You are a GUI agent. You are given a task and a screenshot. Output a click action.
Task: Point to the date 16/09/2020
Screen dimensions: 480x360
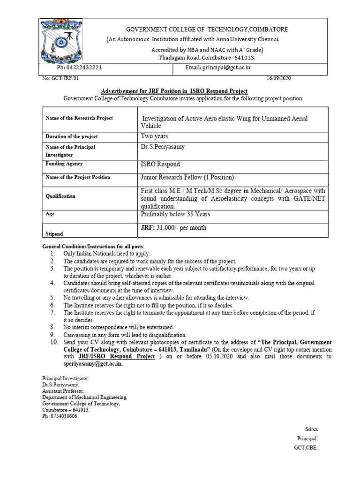278,79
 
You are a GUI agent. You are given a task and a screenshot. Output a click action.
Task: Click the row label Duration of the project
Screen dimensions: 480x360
72,136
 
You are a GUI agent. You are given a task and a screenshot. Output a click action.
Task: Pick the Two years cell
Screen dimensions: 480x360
154,136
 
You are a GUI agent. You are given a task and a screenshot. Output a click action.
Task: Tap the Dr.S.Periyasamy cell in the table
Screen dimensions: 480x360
163,147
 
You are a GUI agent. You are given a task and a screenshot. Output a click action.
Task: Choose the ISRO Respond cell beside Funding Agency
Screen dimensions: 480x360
160,164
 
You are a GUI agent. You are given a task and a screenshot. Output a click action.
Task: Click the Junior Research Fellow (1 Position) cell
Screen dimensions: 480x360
187,177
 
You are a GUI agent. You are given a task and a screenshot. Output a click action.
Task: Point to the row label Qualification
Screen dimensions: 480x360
60,196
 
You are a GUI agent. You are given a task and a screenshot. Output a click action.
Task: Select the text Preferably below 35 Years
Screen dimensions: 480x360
175,214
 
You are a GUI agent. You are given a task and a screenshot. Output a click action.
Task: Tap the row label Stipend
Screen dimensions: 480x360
54,233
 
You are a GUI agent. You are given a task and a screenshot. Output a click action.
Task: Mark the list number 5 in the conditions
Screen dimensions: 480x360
52,298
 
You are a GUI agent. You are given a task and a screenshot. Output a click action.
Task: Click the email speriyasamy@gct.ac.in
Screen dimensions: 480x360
93,363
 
